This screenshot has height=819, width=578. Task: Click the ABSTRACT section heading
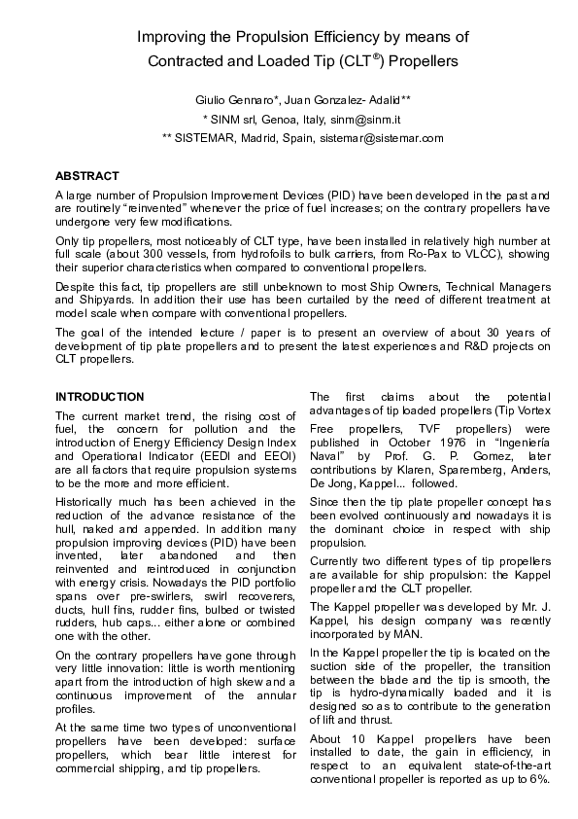coord(87,176)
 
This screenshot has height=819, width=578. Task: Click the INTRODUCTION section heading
coord(100,397)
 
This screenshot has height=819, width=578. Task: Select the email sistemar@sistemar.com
coord(382,138)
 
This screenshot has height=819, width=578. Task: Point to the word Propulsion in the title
coord(261,38)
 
